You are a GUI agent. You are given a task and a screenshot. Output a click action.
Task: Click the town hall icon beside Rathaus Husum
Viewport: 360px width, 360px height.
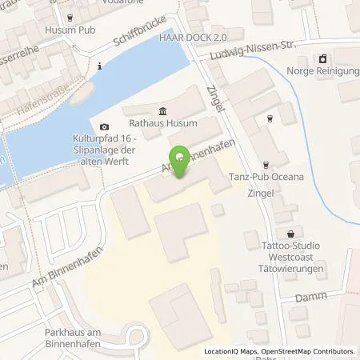163,110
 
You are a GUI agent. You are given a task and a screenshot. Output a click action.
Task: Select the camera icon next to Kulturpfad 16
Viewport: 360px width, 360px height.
104,126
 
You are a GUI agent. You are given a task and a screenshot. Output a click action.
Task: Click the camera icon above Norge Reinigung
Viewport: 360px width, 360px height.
322,58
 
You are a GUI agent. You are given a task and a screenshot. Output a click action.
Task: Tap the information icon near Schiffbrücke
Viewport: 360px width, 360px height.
98,66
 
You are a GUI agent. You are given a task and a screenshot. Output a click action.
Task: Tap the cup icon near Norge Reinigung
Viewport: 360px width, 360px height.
270,118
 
